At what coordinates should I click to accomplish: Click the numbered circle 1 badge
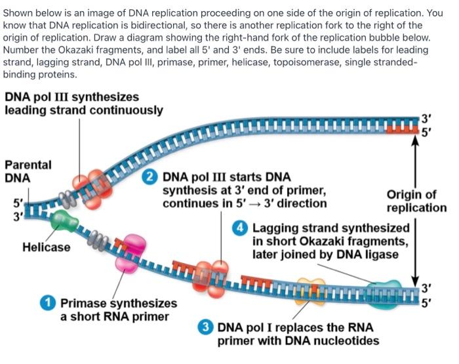click(48, 303)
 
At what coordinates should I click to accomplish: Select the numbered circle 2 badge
click(151, 177)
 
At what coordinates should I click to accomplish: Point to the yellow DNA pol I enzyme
click(311, 286)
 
